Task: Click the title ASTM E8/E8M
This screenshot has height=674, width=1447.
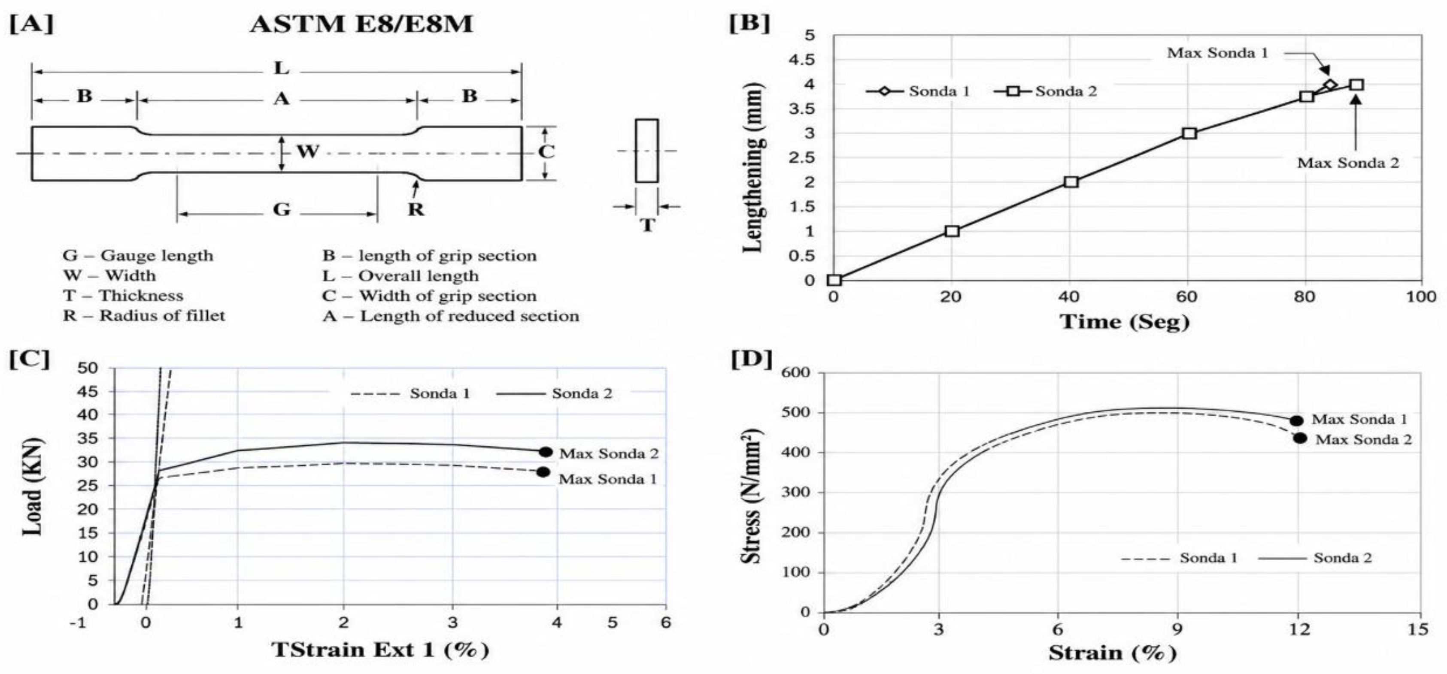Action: click(x=361, y=24)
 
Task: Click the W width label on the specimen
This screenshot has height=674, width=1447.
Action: click(x=308, y=151)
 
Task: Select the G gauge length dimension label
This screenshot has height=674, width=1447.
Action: click(x=282, y=209)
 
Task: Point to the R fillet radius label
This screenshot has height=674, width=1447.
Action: click(x=416, y=209)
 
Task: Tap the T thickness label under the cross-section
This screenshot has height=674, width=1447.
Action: click(x=647, y=225)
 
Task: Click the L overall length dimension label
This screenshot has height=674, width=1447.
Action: click(x=282, y=69)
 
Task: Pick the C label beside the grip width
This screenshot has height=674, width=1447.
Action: click(x=546, y=151)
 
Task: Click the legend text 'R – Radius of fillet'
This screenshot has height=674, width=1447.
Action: click(x=144, y=315)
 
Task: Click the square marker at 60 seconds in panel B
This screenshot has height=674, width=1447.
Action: click(x=1189, y=133)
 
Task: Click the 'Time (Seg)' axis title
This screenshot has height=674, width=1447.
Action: click(x=1125, y=322)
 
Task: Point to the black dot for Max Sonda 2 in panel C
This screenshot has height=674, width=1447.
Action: click(x=546, y=452)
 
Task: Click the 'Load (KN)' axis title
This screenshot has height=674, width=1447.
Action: click(x=33, y=486)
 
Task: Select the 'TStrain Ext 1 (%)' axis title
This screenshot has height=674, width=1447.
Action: click(x=380, y=650)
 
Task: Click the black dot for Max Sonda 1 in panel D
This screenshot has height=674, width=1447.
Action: click(x=1296, y=421)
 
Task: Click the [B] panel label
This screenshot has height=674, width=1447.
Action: click(x=749, y=24)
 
